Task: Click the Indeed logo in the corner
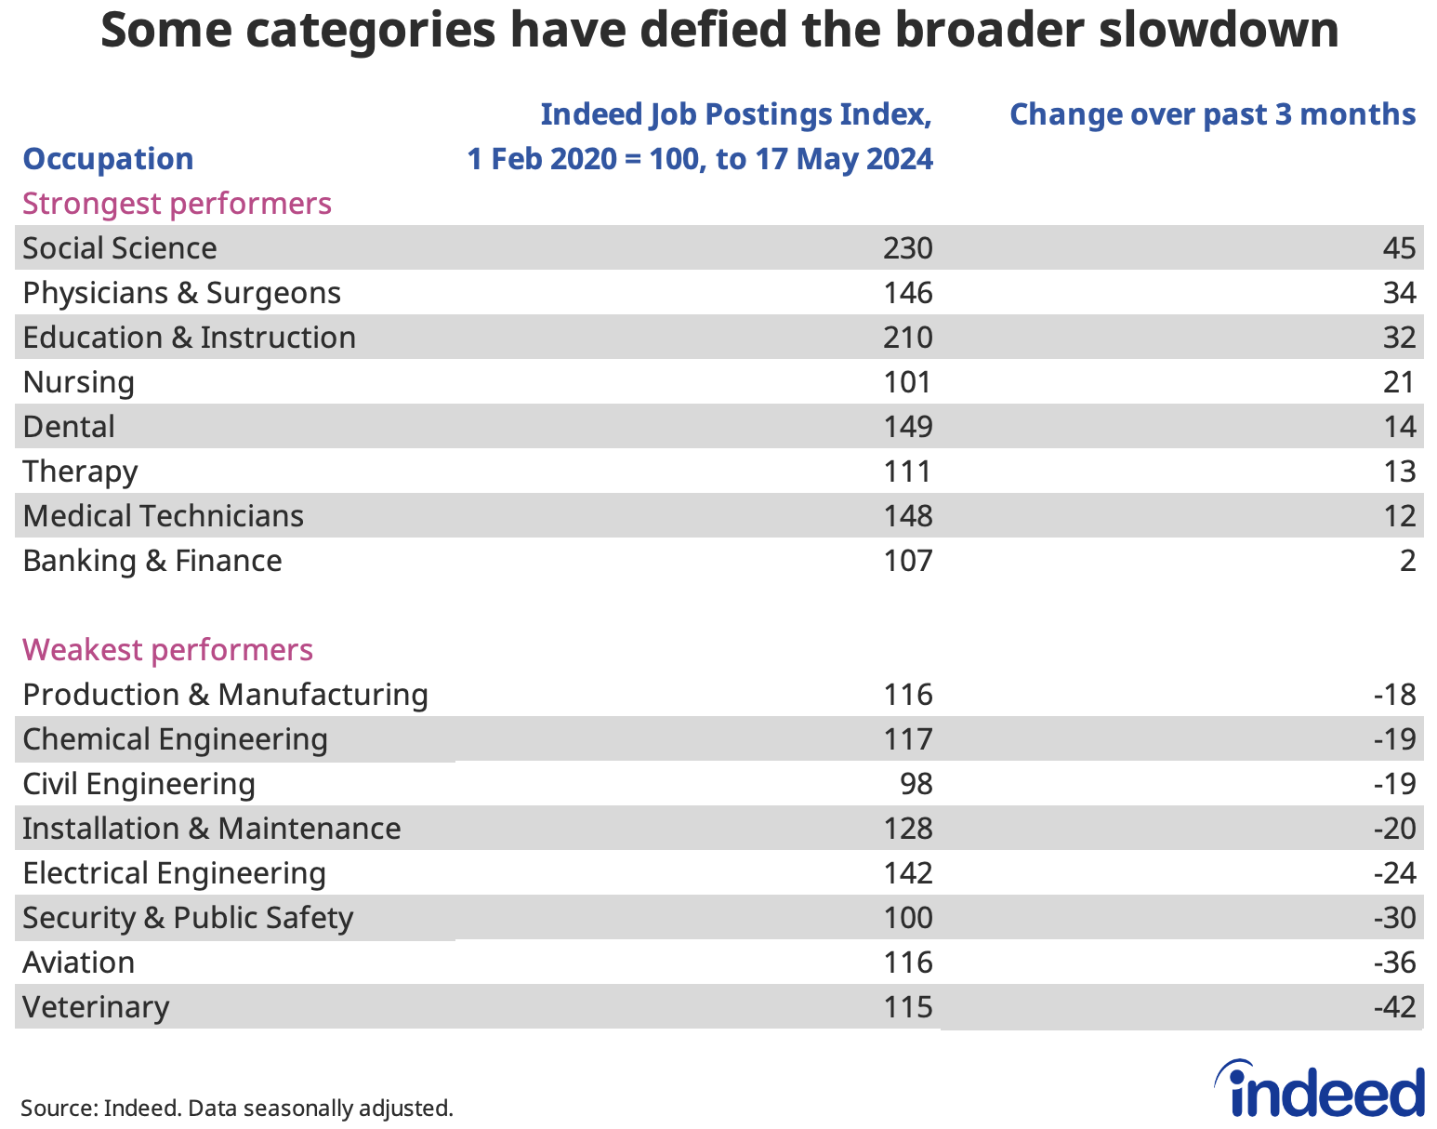1320,1090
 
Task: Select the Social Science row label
120,248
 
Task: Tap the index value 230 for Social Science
907,248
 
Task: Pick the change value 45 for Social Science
1399,248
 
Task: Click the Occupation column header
108,159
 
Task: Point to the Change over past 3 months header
1212,114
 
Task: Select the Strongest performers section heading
177,204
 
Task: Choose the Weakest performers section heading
167,649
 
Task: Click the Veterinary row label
96,1007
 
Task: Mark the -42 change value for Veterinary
1394,1007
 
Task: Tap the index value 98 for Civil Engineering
916,784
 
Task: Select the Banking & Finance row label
152,561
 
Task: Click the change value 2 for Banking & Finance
1407,561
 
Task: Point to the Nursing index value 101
907,382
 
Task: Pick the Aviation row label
78,963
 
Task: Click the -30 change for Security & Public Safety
1394,918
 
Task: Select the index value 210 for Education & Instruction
907,338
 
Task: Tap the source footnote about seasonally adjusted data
237,1109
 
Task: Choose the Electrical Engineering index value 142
907,873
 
